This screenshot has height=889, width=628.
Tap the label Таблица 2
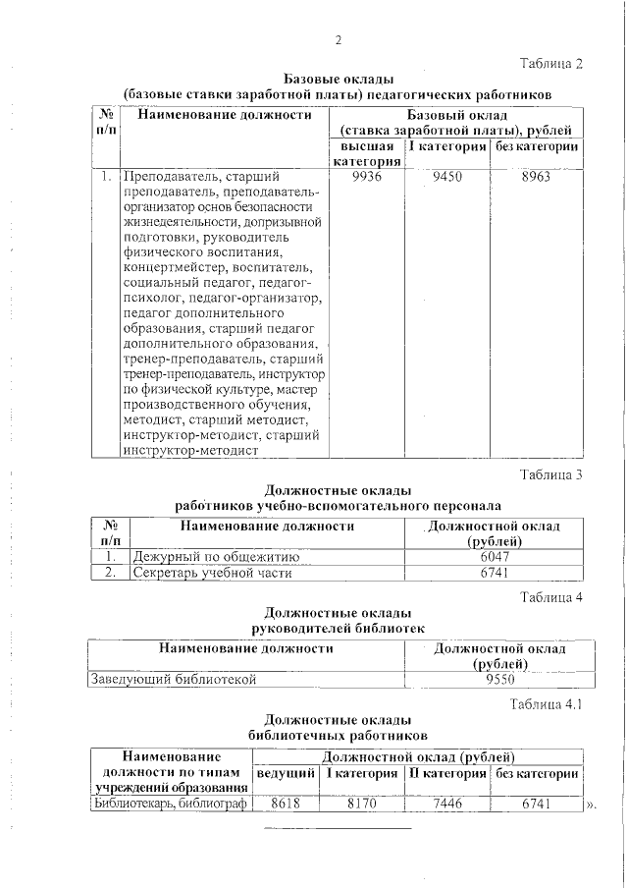click(550, 63)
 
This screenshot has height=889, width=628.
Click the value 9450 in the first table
click(447, 178)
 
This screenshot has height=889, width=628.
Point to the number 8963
click(537, 178)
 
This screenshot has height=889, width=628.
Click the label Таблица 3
click(550, 475)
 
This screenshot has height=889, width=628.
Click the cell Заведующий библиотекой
click(174, 678)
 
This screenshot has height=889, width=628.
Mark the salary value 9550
click(500, 678)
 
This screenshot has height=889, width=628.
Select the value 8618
click(285, 804)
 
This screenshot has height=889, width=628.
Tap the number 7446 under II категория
click(446, 804)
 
